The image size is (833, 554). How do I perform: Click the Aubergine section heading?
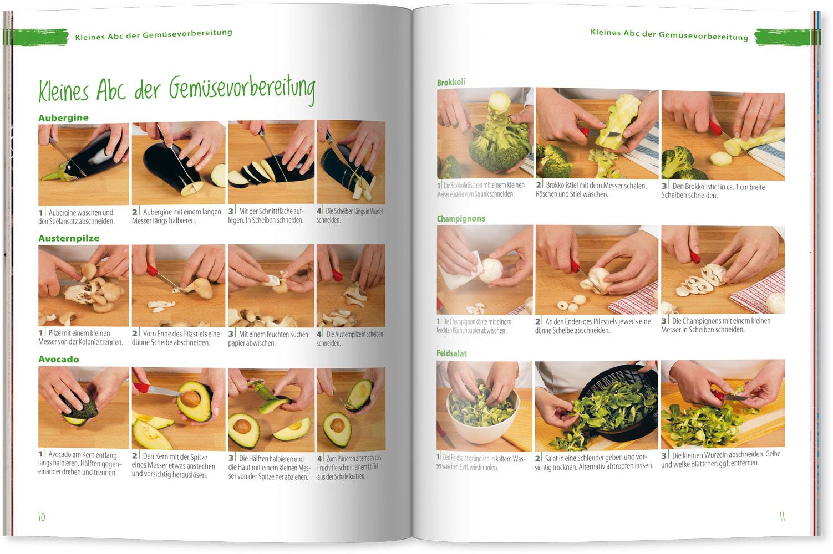[63, 117]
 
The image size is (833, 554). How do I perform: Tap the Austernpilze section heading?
[69, 238]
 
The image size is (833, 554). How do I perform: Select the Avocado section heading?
[59, 359]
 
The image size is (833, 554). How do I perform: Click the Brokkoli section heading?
[451, 82]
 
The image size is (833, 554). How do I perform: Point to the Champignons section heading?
[461, 218]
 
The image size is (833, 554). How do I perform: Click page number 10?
[42, 517]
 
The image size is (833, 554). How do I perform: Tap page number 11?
[782, 517]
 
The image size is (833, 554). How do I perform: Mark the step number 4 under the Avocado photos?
[319, 459]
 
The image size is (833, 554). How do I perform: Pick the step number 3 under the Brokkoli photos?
[664, 187]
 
